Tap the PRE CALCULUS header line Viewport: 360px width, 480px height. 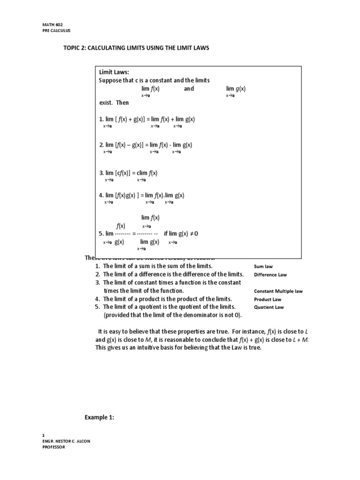coord(54,31)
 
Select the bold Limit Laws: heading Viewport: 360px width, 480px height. coord(113,72)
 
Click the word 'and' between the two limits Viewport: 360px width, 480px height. coord(188,89)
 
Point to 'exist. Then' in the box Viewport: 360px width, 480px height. coord(113,103)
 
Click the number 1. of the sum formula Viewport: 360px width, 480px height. coord(101,119)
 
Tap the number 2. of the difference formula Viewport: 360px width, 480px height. coord(101,145)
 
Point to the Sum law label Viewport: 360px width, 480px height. coord(263,266)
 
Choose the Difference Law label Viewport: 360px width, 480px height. coord(270,275)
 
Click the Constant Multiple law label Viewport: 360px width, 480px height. coord(278,291)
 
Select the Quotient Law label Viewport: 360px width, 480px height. coord(269,307)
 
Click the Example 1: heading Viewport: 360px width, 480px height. coord(99,417)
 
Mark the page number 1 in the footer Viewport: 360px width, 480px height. coord(43,435)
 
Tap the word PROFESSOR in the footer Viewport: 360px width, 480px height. coord(53,447)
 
